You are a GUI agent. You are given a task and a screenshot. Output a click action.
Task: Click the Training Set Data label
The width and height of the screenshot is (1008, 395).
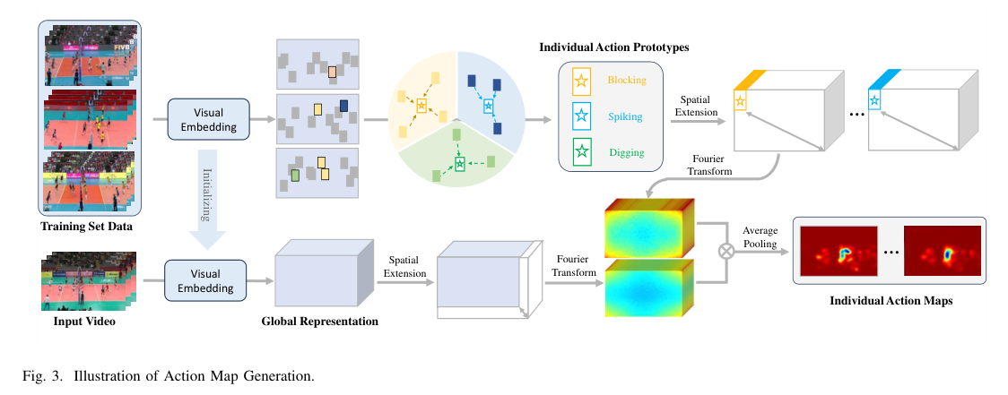[86, 226]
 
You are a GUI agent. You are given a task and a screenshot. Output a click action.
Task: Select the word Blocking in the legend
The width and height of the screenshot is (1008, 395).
[626, 80]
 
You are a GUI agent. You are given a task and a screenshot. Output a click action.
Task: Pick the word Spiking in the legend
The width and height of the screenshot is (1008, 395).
[624, 116]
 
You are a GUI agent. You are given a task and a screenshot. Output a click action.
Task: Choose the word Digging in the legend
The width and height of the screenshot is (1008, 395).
[625, 152]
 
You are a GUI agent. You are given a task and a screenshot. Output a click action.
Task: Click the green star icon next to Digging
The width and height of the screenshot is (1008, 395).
[581, 151]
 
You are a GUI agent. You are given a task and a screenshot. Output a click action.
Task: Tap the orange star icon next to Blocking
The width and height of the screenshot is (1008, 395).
[581, 82]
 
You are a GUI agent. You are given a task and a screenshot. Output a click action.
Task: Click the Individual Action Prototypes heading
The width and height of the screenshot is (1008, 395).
[609, 46]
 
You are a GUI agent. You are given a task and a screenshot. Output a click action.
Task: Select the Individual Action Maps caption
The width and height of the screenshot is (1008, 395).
[891, 301]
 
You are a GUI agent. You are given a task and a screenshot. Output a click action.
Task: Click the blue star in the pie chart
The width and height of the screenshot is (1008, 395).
[489, 107]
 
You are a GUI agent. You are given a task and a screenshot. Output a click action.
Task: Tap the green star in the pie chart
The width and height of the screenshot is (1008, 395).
[460, 164]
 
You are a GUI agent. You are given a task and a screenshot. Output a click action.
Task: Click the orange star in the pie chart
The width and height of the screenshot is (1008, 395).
[421, 106]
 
